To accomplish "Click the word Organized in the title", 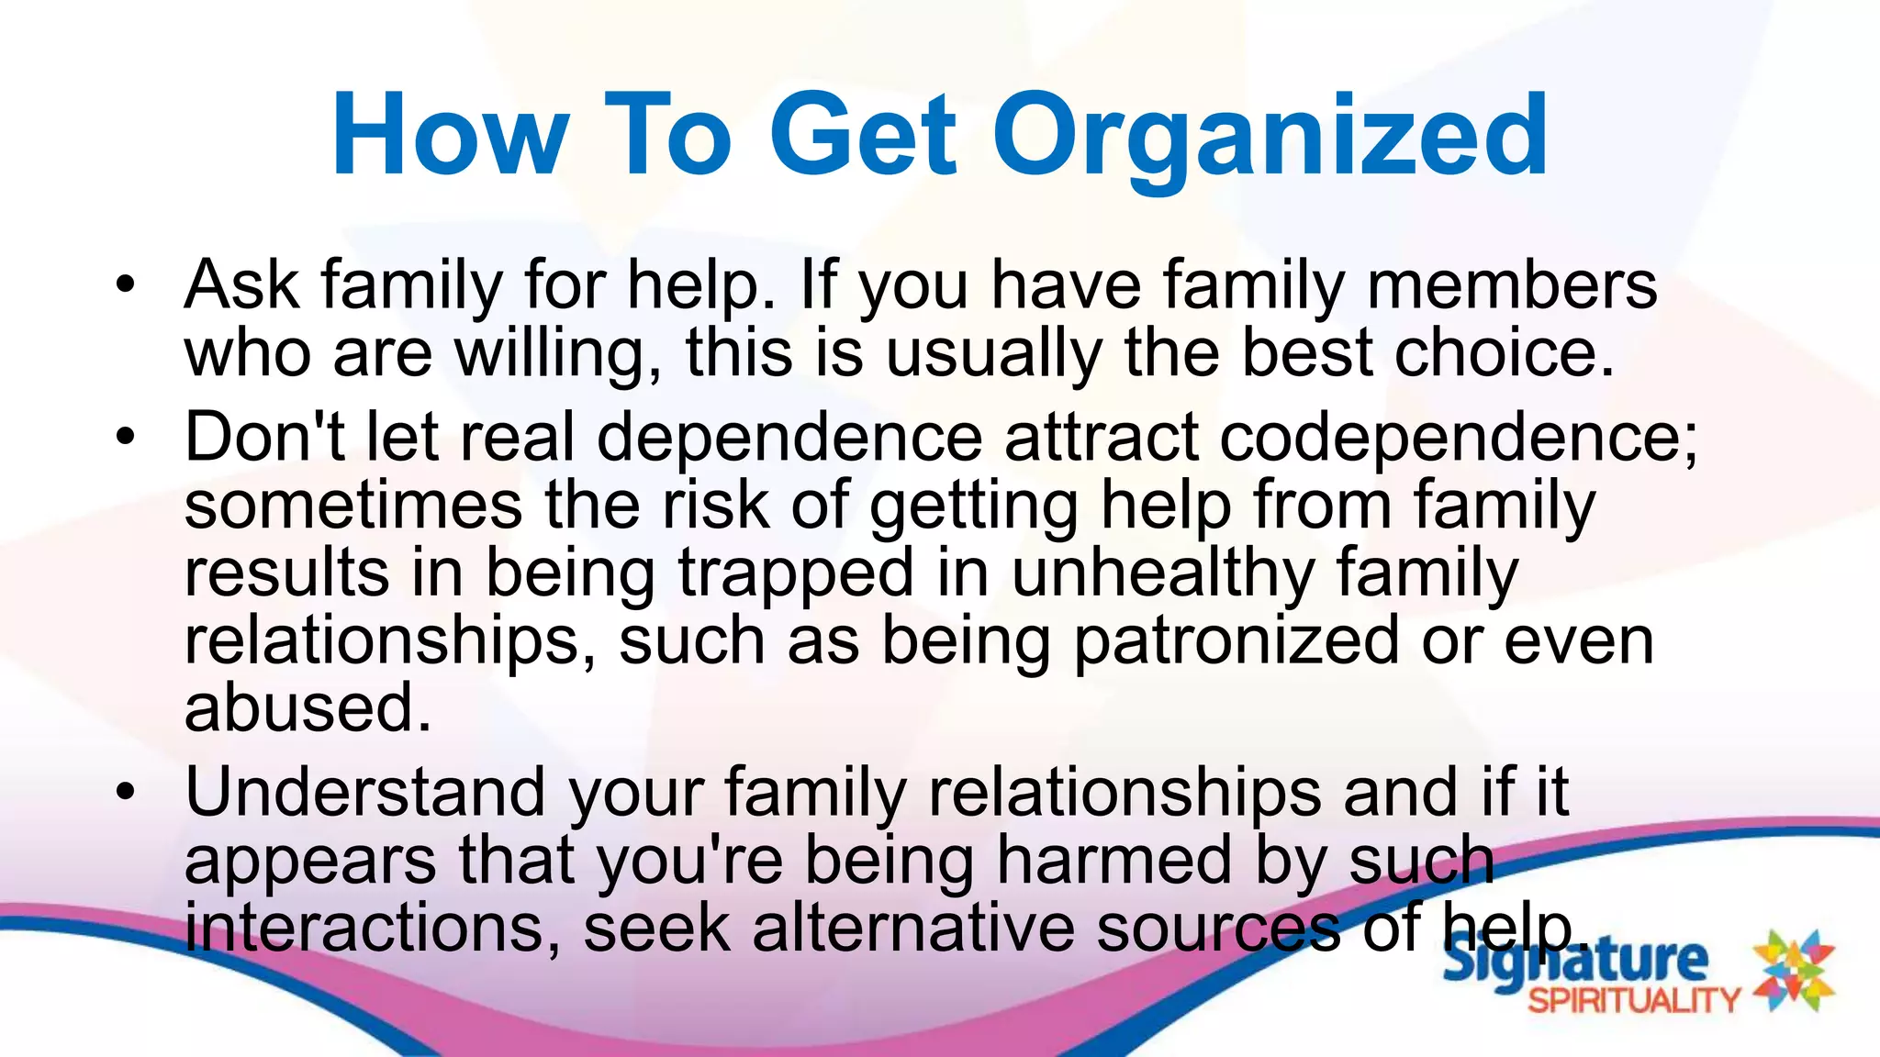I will click(x=1270, y=136).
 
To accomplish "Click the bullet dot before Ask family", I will click(x=126, y=284).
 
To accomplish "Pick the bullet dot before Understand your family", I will click(x=126, y=791).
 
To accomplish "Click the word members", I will click(x=1512, y=284).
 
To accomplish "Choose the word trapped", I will click(x=796, y=573).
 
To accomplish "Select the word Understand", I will click(x=365, y=792).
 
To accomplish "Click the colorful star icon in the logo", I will click(x=1795, y=971).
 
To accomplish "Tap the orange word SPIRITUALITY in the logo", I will click(x=1635, y=1000).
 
